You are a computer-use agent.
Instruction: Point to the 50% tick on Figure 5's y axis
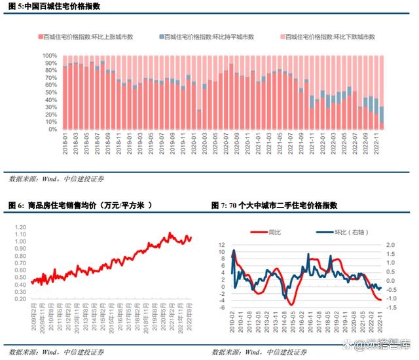[x=52, y=92]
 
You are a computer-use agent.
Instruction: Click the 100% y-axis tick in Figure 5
[x=50, y=56]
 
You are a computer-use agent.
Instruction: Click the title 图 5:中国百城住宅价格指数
[x=57, y=6]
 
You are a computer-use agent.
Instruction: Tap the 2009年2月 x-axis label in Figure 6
[x=32, y=315]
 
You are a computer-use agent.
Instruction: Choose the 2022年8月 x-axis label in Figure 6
[x=189, y=315]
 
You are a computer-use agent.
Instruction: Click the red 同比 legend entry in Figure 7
[x=268, y=232]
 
